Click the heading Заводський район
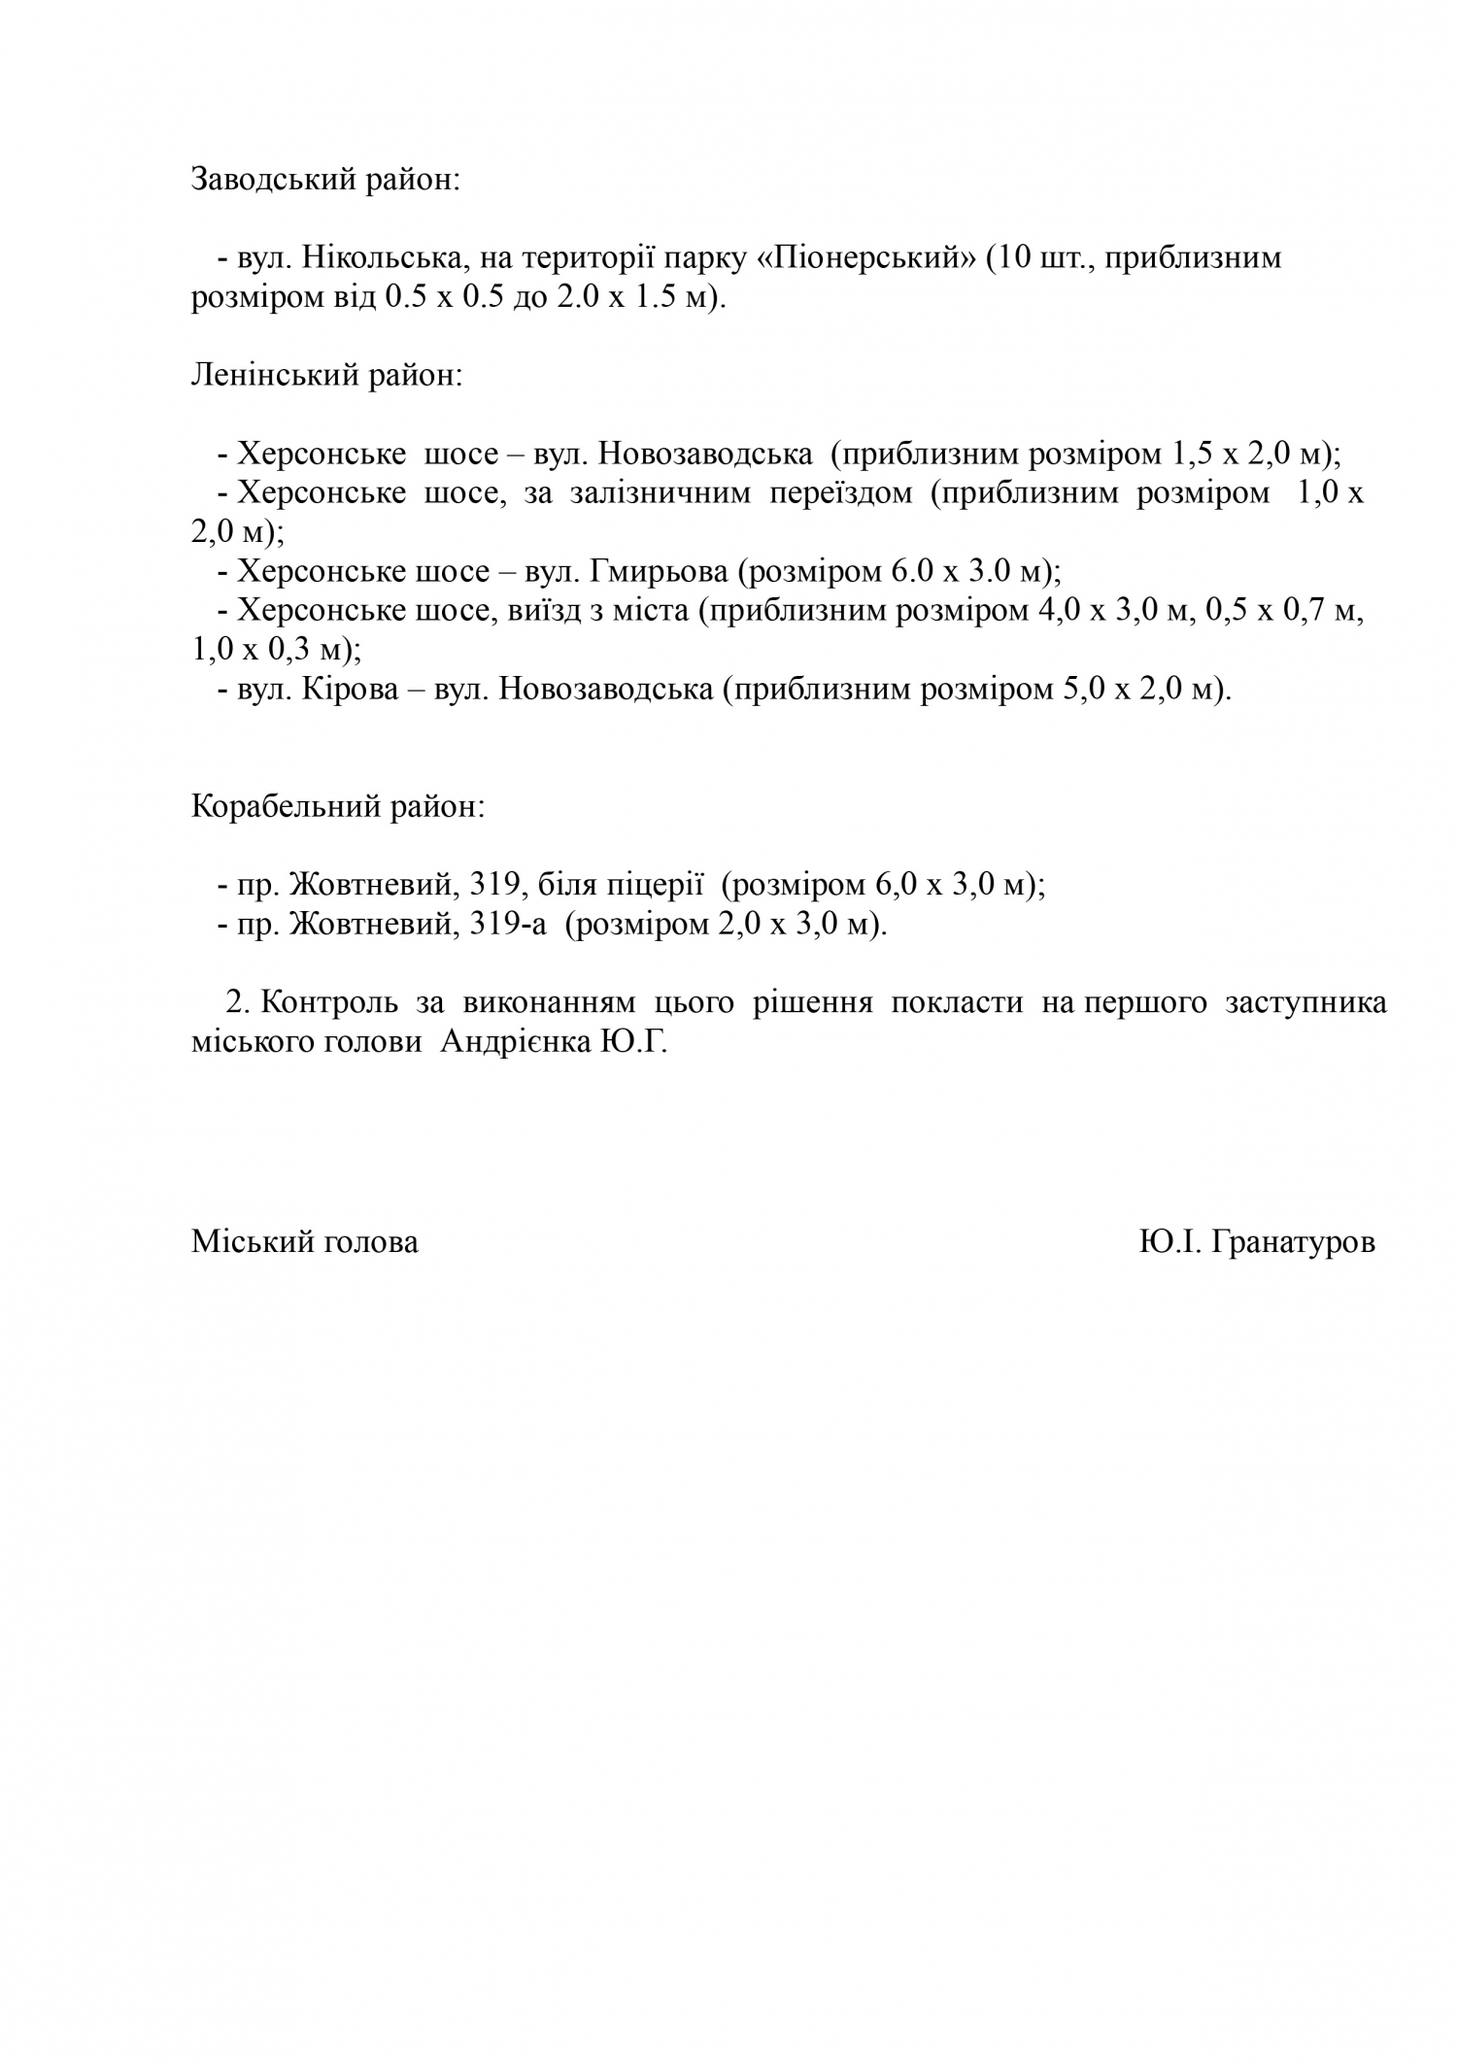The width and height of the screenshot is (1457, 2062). (x=324, y=181)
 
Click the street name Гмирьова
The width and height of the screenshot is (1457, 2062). (x=658, y=572)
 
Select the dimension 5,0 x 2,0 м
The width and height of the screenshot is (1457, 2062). (x=1135, y=690)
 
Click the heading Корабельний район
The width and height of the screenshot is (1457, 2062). (x=337, y=807)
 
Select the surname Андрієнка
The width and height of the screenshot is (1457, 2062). (x=515, y=1042)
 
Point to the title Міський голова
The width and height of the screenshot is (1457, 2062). (x=305, y=1242)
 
